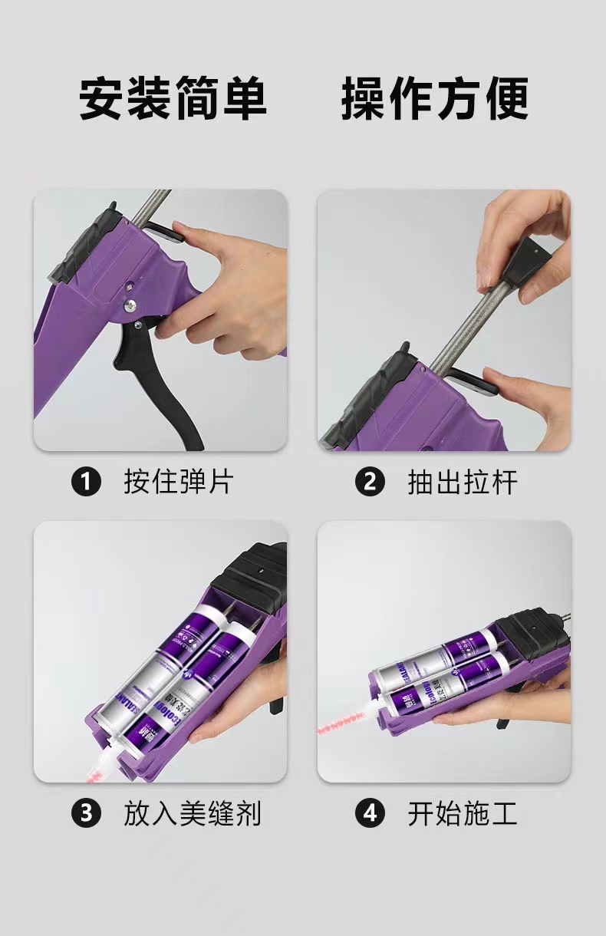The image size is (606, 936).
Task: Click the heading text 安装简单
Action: pyautogui.click(x=173, y=98)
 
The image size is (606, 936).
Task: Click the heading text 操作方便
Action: pyautogui.click(x=434, y=98)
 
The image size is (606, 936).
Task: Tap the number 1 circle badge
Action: pyautogui.click(x=86, y=483)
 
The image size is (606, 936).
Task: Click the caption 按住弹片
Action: pyautogui.click(x=178, y=483)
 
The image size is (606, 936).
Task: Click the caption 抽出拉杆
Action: pyautogui.click(x=462, y=483)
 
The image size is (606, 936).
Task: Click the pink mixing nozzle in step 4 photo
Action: pyautogui.click(x=349, y=725)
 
